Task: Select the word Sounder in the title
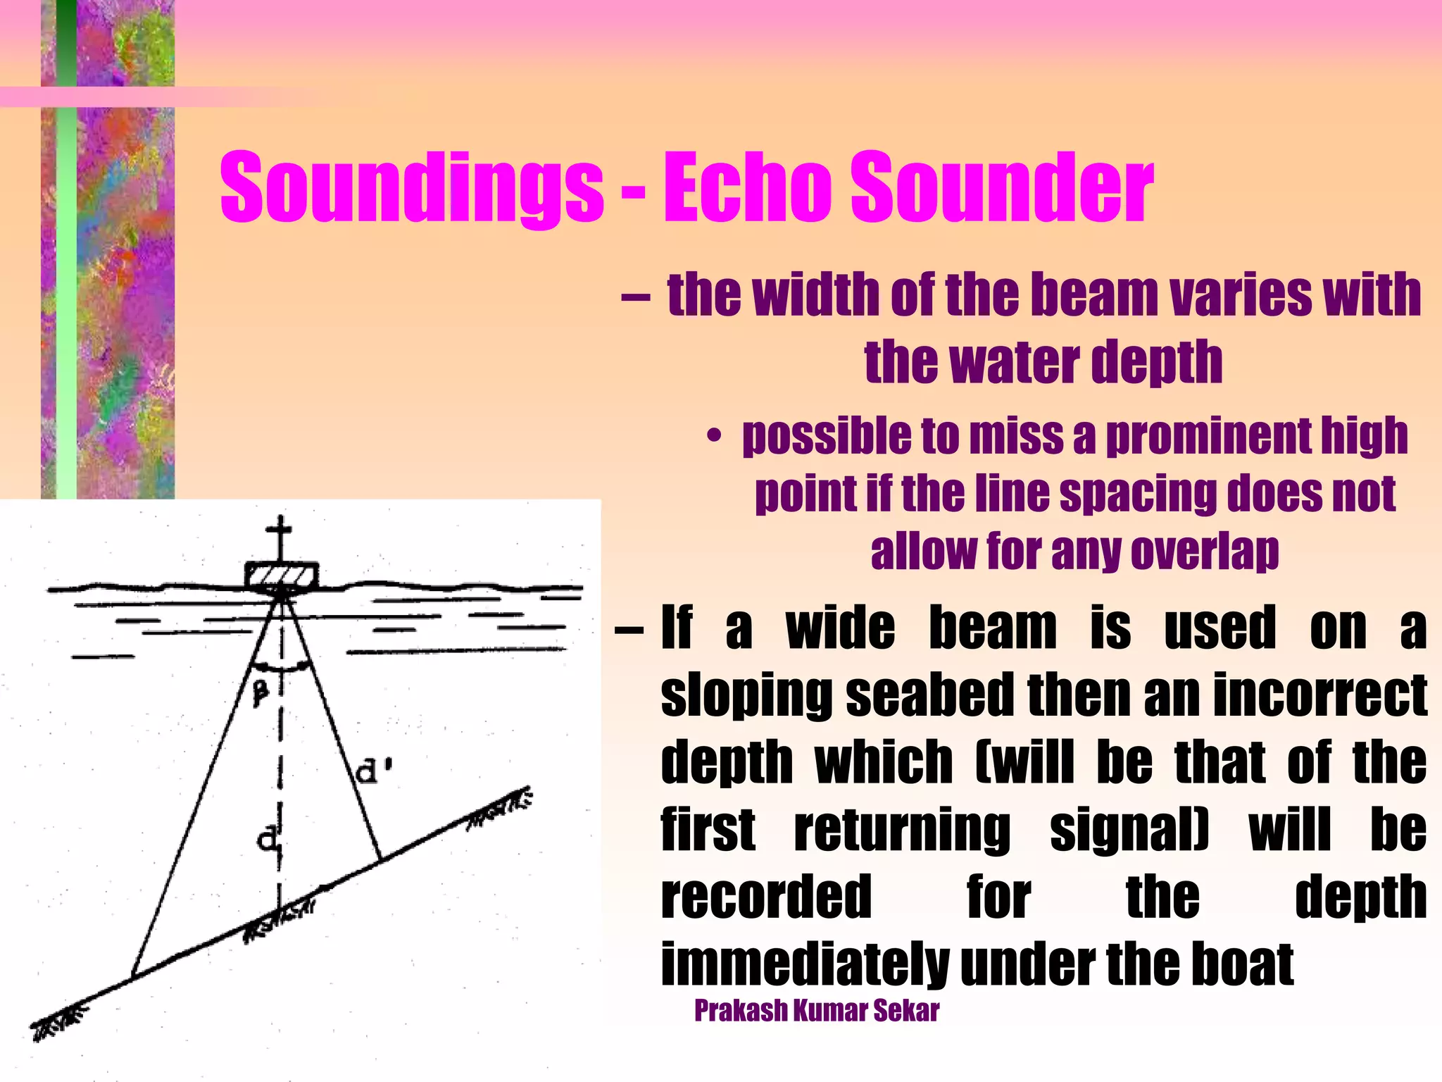[x=1003, y=187]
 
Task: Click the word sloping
[x=747, y=696]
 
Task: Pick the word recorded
[x=766, y=897]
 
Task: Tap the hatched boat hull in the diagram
[x=281, y=574]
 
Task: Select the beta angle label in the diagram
[x=261, y=693]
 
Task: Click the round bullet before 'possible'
[x=714, y=437]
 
